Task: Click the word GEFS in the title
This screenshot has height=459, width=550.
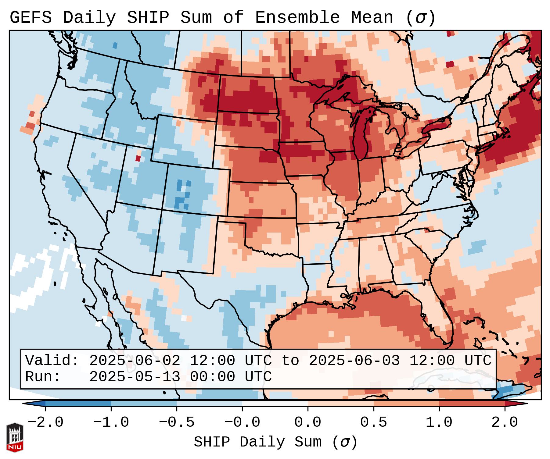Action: pyautogui.click(x=31, y=18)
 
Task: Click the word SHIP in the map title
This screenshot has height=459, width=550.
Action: pyautogui.click(x=148, y=18)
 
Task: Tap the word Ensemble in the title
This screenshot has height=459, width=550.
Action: pyautogui.click(x=297, y=18)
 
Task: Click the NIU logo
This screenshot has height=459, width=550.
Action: pyautogui.click(x=15, y=437)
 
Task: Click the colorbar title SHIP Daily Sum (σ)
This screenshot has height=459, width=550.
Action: pyautogui.click(x=275, y=442)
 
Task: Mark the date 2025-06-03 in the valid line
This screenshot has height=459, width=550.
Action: pyautogui.click(x=354, y=361)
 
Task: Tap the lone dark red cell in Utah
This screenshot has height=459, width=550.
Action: pyautogui.click(x=138, y=158)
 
